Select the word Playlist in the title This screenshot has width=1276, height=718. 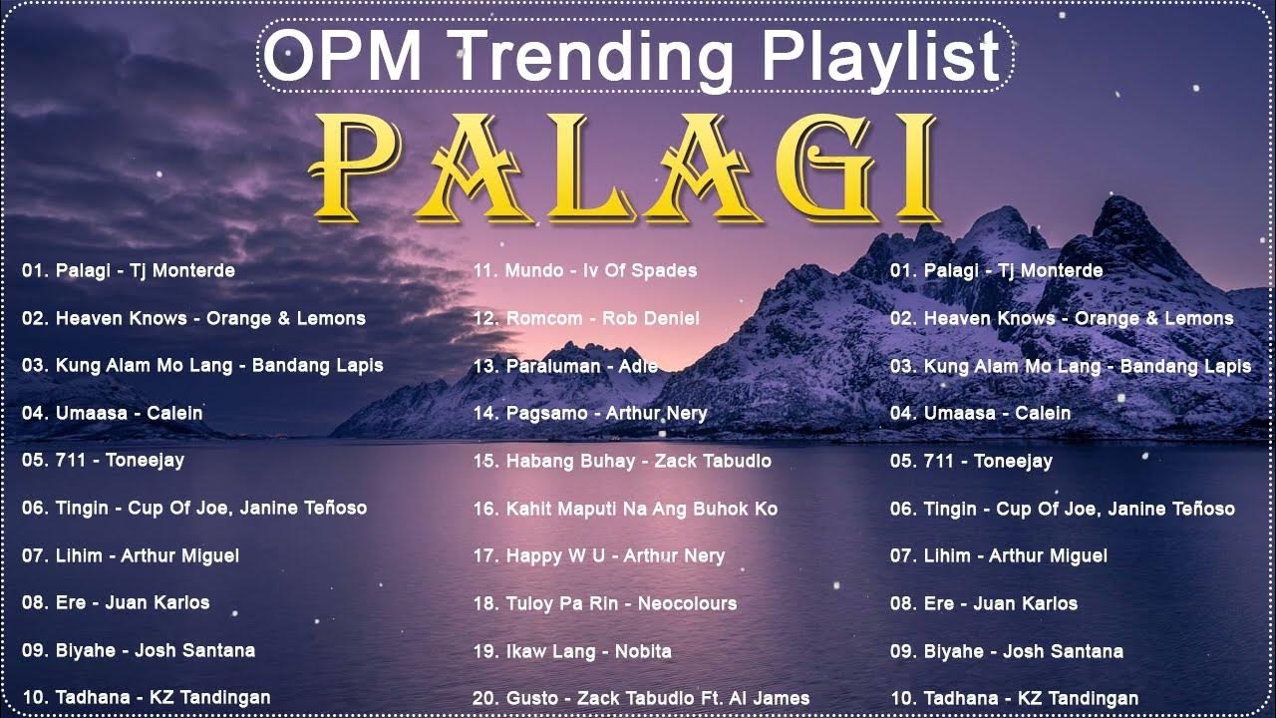pos(867,58)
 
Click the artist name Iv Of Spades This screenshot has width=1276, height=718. pos(644,270)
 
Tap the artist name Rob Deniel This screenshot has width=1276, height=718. pos(652,318)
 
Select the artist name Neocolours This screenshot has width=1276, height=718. pos(687,603)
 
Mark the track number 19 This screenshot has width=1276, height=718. pos(484,651)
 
